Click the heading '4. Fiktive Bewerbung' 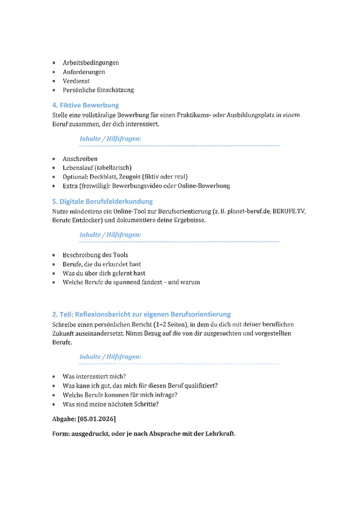[85, 105]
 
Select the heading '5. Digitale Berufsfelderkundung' [102, 202]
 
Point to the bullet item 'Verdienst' [76, 81]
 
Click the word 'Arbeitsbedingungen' [91, 63]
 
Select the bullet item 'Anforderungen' [84, 72]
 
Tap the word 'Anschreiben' [80, 159]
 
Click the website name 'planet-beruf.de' [248, 211]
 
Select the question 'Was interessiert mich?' [94, 377]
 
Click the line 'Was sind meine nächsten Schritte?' [110, 405]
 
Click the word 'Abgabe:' [64, 419]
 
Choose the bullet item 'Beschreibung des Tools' [95, 255]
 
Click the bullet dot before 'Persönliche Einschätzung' [54, 91]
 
